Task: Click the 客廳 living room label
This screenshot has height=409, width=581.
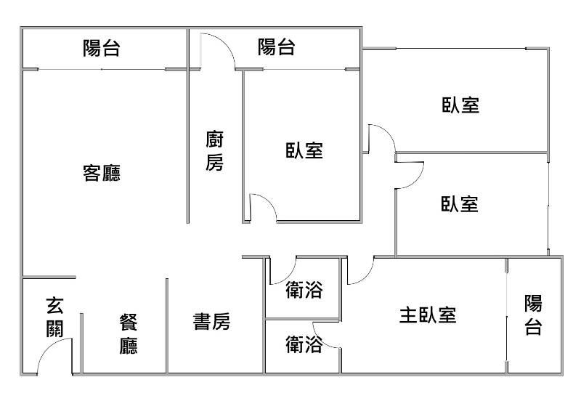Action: click(x=102, y=173)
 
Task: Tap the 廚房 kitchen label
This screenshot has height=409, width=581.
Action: click(x=215, y=151)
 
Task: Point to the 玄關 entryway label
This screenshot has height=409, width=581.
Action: click(x=55, y=317)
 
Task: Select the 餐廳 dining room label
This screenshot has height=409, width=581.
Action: click(x=129, y=333)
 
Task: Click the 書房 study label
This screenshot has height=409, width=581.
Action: click(x=211, y=322)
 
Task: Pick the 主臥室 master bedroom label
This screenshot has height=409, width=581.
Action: click(x=428, y=315)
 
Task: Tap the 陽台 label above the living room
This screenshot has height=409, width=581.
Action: click(x=101, y=48)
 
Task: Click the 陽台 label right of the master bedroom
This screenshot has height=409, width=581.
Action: click(x=533, y=315)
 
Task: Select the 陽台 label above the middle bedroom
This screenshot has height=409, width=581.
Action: click(x=277, y=47)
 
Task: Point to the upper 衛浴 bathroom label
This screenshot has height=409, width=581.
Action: click(x=304, y=290)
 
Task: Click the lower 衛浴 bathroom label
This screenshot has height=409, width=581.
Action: click(x=304, y=344)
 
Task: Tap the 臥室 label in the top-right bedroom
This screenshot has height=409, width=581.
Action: click(x=460, y=105)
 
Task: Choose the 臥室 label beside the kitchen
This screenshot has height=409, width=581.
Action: click(x=304, y=150)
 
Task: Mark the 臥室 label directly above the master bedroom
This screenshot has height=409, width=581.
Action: click(x=460, y=204)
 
